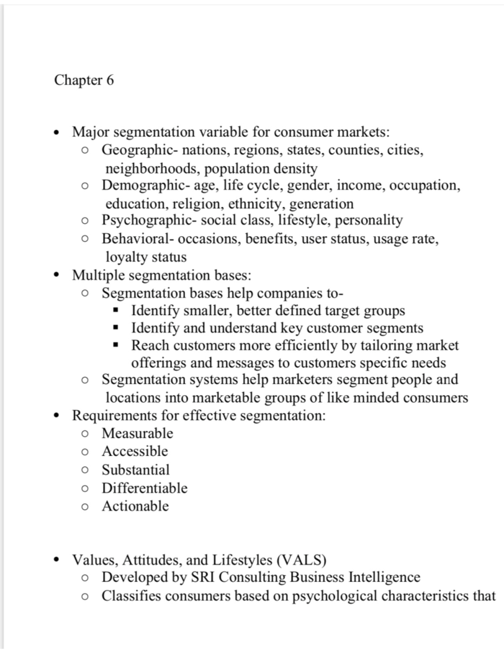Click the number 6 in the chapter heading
pos(110,80)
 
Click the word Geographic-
pos(141,150)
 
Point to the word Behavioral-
pos(138,239)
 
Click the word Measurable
pos(137,433)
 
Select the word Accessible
pos(135,451)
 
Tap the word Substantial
pos(136,470)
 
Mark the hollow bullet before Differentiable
pos(85,489)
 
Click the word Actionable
pos(135,506)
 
